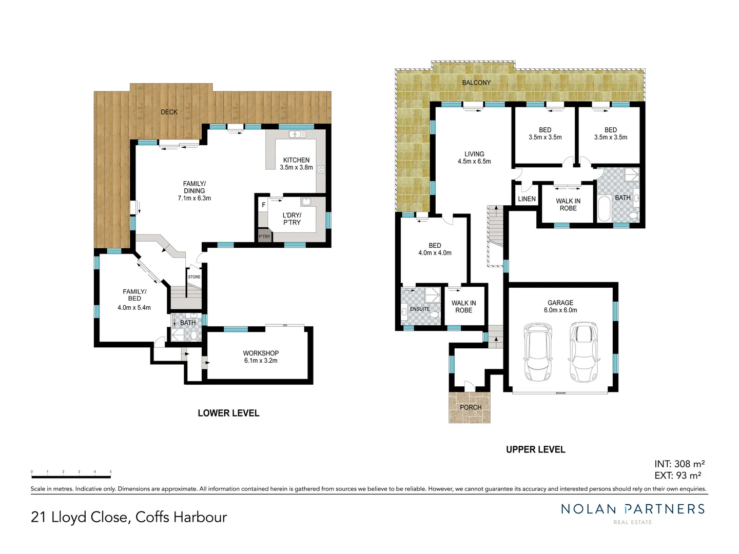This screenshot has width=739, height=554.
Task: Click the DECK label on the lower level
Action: point(169,112)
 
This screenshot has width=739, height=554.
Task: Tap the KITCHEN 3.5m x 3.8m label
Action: point(296,164)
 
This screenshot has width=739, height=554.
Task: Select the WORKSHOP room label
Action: point(261,357)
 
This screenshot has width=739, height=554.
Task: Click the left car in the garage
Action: point(537,352)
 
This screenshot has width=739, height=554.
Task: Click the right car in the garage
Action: point(584,352)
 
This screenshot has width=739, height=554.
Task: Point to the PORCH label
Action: point(471,407)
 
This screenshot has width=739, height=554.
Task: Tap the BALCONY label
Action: point(476,83)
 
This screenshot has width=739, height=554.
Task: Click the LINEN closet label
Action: point(527,199)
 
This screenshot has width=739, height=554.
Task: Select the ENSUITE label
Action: point(420,309)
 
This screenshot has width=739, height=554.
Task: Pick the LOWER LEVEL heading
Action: point(228,413)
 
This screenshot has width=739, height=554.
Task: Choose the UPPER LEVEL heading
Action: point(535,449)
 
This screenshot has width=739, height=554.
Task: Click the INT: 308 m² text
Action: point(679,464)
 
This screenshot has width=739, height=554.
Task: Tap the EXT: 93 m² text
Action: point(677,476)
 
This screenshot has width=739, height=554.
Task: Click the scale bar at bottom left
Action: point(71,477)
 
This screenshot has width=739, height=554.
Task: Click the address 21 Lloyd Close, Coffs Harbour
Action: point(129,517)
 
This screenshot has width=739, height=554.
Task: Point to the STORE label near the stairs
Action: point(194,277)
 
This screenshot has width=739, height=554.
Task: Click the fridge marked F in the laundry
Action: point(264,205)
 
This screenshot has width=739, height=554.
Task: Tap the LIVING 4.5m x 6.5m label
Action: point(474,157)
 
